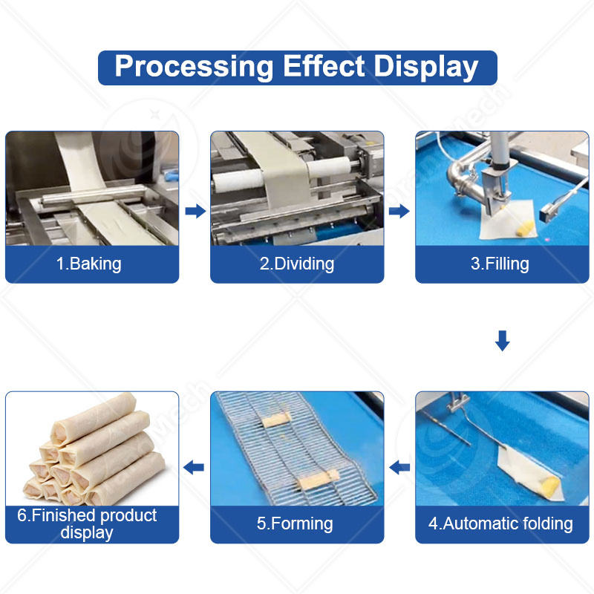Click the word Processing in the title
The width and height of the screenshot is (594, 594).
194,67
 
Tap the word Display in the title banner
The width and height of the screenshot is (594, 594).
426,67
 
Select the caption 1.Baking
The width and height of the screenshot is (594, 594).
89,264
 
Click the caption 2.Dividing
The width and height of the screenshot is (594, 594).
297,264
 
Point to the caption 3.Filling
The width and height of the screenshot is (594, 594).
500,264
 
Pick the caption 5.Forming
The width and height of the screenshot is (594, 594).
296,523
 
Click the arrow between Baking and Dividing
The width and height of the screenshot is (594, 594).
195,212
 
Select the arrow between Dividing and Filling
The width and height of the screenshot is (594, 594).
399,212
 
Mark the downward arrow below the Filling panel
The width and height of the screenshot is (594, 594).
503,341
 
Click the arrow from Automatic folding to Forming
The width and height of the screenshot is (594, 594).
400,467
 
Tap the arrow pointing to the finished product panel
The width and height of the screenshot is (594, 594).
194,467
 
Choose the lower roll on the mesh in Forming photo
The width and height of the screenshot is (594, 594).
318,480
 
